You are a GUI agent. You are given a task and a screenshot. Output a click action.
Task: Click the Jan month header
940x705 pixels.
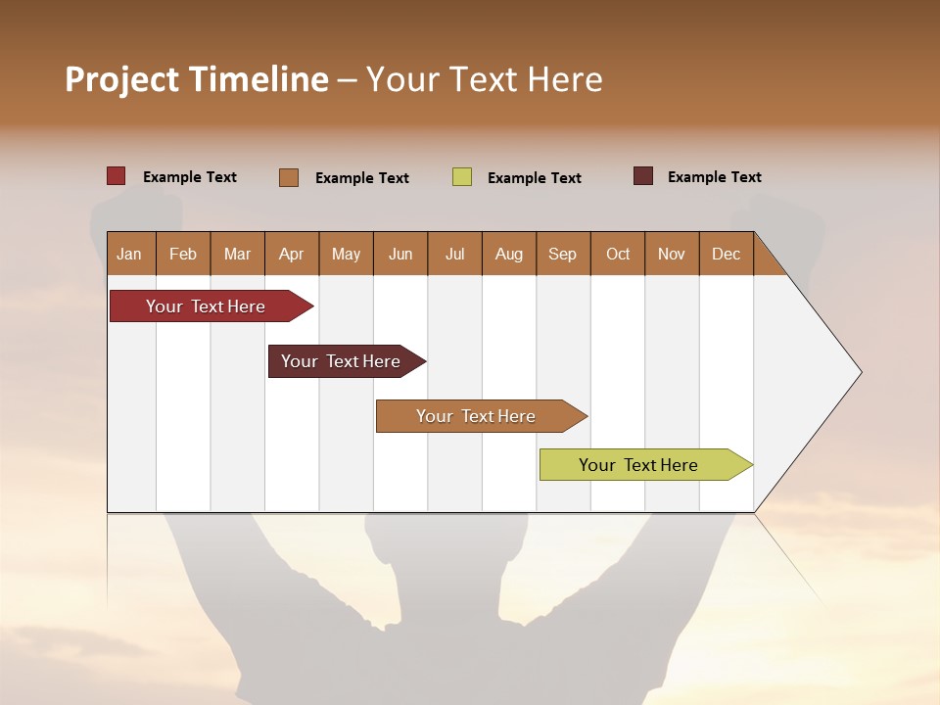pos(129,254)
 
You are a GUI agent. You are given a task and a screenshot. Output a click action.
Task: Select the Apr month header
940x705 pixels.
pos(292,254)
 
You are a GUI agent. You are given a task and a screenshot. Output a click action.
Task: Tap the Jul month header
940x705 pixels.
pos(454,254)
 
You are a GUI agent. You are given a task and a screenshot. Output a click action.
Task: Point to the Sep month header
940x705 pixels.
pos(562,254)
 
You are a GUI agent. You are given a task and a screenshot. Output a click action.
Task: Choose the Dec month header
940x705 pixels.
pos(726,254)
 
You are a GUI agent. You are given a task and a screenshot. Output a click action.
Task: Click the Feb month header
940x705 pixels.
pos(183,254)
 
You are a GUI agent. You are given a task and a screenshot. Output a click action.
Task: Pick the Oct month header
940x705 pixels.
pos(618,254)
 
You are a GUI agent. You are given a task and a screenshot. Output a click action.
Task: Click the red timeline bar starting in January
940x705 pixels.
pos(206,306)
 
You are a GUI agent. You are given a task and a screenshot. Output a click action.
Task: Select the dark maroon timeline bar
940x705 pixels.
pos(341,361)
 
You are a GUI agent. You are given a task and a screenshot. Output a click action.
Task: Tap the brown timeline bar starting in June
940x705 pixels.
pos(476,416)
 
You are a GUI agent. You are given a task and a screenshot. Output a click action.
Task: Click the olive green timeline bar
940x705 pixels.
pos(638,465)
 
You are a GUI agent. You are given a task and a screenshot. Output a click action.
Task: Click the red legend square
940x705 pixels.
pos(117,176)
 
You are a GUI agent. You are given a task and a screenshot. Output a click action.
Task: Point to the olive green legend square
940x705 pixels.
pos(462,177)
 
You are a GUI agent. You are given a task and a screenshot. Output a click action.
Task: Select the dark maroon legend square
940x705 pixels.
pos(643,176)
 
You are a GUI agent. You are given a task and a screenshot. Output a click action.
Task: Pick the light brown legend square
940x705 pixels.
pos(289,177)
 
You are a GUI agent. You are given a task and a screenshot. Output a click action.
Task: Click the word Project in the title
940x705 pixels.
pos(121,79)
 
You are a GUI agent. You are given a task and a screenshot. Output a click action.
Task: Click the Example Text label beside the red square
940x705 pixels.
pos(190,177)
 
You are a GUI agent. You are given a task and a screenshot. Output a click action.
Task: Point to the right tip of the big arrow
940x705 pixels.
pos(861,372)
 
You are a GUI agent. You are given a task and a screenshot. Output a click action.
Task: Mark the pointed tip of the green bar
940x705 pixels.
pos(751,465)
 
